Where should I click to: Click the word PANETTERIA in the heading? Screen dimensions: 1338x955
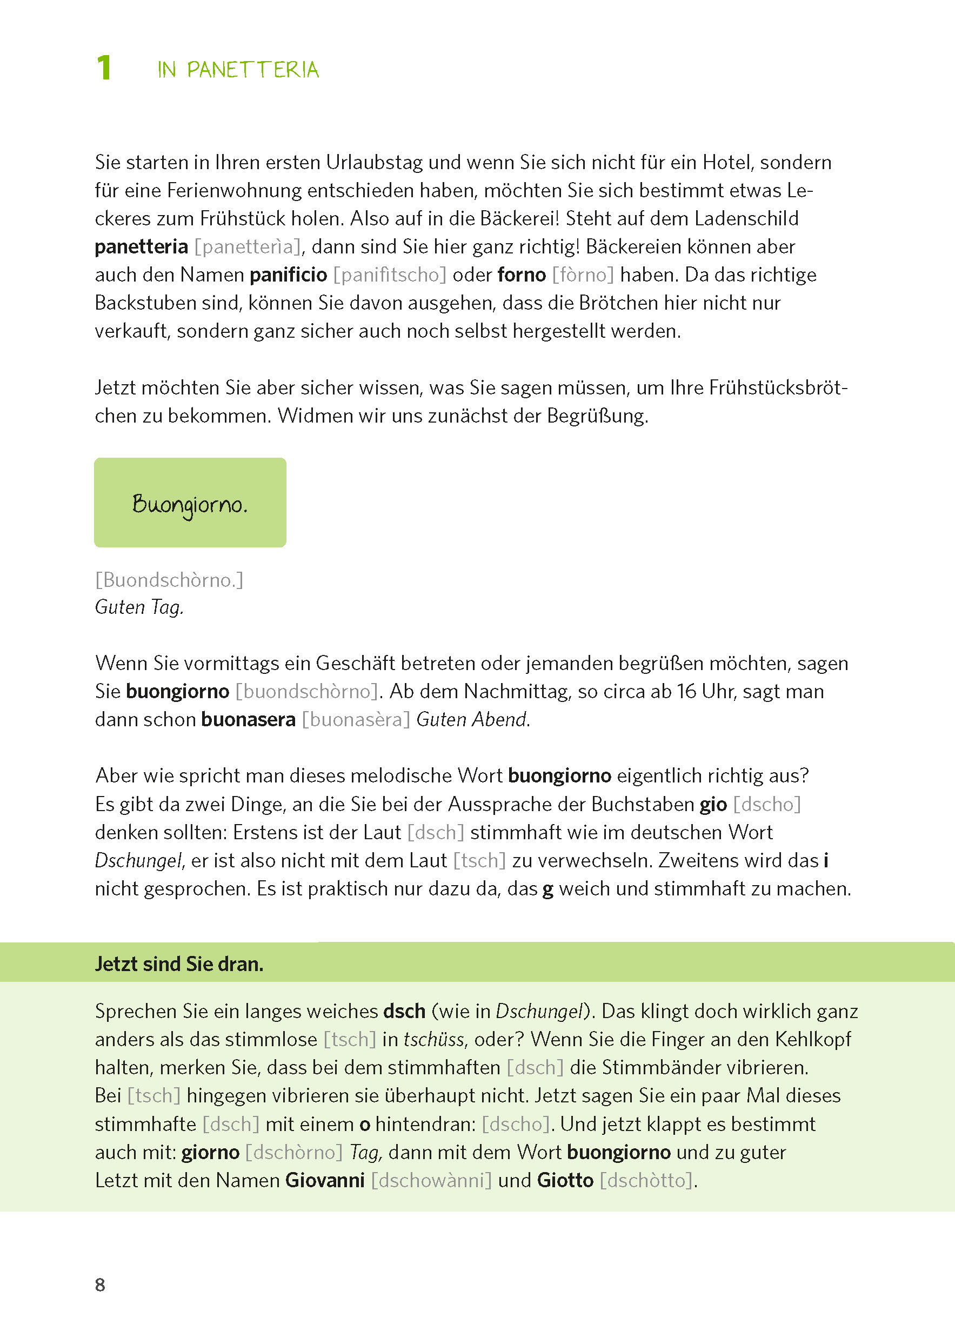pyautogui.click(x=252, y=70)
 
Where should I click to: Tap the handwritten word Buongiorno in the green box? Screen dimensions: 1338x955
pyautogui.click(x=189, y=504)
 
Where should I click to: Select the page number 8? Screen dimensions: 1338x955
pyautogui.click(x=100, y=1285)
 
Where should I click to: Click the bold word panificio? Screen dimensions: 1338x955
pyautogui.click(x=288, y=275)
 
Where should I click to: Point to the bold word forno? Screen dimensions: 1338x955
pyautogui.click(x=522, y=275)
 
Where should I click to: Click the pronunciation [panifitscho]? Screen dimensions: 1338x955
pyautogui.click(x=390, y=275)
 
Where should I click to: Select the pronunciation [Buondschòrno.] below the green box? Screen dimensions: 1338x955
pyautogui.click(x=169, y=580)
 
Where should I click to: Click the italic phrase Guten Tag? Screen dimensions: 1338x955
pyautogui.click(x=139, y=607)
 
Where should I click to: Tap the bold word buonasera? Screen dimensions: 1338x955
pyautogui.click(x=248, y=720)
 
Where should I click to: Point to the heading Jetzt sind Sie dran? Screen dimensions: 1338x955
pyautogui.click(x=179, y=964)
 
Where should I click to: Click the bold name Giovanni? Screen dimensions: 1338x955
pyautogui.click(x=325, y=1180)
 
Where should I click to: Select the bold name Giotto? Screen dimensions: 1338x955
pyautogui.click(x=565, y=1180)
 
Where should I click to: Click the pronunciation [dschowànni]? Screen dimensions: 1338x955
pyautogui.click(x=431, y=1180)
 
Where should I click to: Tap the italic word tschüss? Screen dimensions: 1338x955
pyautogui.click(x=434, y=1039)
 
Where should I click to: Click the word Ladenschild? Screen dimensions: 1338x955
pyautogui.click(x=746, y=219)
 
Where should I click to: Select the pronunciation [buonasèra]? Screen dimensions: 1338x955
pyautogui.click(x=356, y=720)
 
